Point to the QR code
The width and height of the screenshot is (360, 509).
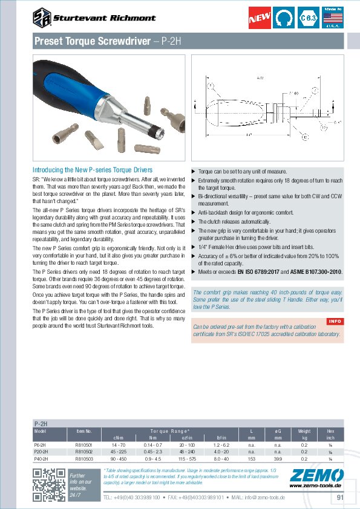tap(48, 484)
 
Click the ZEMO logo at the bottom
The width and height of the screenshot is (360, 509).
tap(316, 476)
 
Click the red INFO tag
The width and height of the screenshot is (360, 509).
tap(335, 320)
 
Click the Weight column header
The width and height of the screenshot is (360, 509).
tap(304, 430)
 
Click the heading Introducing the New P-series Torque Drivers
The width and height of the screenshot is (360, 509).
tap(92, 170)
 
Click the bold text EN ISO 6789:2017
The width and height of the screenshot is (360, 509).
tap(261, 272)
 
